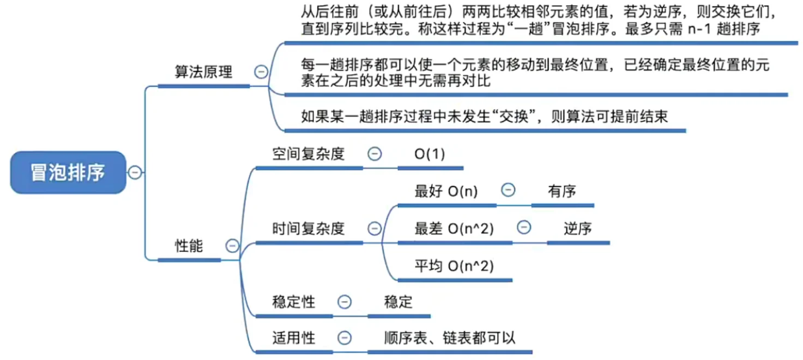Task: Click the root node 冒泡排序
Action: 68,172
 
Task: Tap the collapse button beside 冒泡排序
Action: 135,173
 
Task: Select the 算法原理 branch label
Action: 203,73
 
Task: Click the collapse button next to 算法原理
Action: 262,72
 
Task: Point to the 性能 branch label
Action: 189,246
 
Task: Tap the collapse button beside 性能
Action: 233,246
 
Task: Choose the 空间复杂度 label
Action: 309,154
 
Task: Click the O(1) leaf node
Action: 430,154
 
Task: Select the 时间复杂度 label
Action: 309,229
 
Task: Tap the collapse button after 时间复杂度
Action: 374,229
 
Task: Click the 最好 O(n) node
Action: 446,191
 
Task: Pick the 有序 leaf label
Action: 562,191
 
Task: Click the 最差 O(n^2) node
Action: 454,229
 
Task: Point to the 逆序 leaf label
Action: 578,229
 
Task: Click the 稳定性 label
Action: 293,302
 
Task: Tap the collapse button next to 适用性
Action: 345,338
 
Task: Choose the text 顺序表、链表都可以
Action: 450,338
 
